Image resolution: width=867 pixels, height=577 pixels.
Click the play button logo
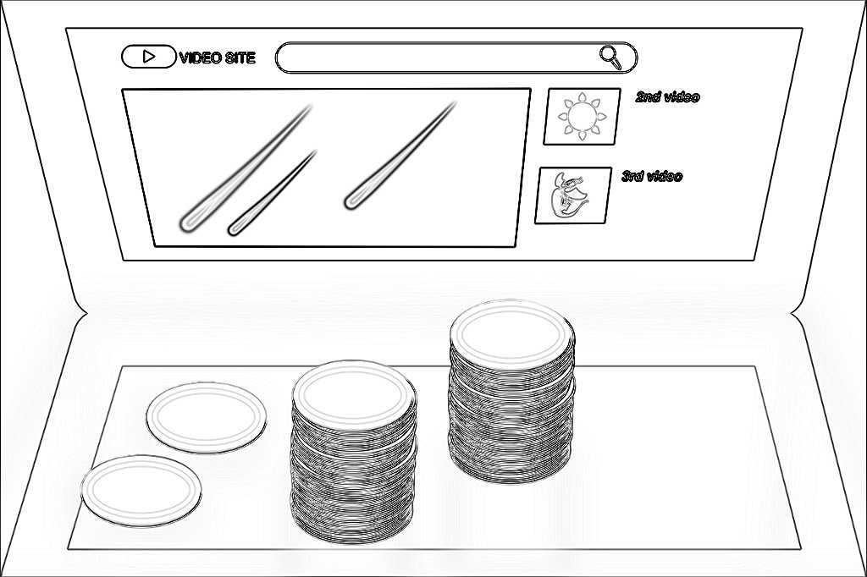click(148, 57)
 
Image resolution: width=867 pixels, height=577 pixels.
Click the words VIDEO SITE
click(218, 58)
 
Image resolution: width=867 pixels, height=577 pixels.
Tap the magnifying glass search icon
click(610, 58)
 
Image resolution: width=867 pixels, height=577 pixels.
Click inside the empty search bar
click(437, 57)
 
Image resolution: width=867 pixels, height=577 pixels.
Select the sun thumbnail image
click(582, 117)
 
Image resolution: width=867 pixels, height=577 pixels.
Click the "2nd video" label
click(667, 97)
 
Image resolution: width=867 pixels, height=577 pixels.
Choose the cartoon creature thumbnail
click(573, 195)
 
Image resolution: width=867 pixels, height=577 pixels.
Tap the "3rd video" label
click(652, 176)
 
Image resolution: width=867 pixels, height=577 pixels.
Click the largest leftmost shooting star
click(246, 168)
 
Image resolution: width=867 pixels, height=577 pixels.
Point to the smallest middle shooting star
click(272, 193)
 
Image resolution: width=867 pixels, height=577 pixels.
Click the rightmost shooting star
click(400, 156)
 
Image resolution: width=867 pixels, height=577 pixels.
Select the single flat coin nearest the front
click(141, 491)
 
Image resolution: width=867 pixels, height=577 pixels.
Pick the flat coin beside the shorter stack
click(207, 418)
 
